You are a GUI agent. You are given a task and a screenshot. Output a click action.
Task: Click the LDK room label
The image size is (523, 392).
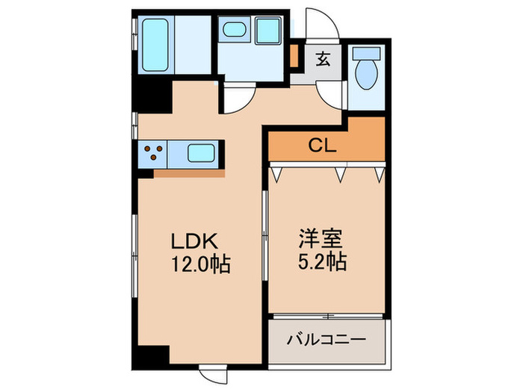(x=196, y=241)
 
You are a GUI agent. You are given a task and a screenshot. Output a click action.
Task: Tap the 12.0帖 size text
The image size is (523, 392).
(x=199, y=264)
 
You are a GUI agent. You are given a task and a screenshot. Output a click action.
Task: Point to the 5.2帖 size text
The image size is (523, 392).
(x=322, y=263)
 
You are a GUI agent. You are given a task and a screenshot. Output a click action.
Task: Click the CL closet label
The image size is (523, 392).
(x=323, y=146)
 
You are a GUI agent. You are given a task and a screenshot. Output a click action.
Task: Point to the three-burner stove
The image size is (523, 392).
(x=153, y=154)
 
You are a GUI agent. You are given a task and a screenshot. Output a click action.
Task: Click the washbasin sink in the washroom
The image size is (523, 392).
(x=235, y=31)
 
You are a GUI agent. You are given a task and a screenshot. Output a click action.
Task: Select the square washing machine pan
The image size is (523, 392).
(x=267, y=32)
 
